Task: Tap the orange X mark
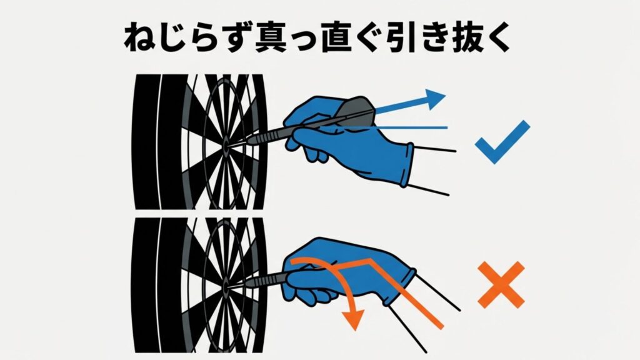point(501,284)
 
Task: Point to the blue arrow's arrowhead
point(436,98)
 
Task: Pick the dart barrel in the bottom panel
point(266,279)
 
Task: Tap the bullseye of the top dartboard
point(224,147)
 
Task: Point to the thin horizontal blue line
point(412,127)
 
